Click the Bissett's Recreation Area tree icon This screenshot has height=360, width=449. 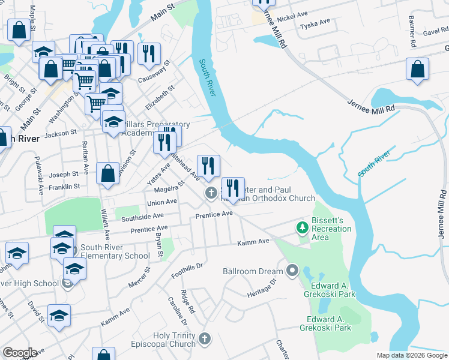click(x=302, y=227)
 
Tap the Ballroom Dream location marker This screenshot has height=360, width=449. click(x=292, y=271)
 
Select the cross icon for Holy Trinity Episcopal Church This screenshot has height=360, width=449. click(x=205, y=339)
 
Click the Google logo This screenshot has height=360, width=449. click(x=20, y=353)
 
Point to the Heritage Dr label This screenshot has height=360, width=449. click(x=261, y=289)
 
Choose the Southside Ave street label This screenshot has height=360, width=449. click(x=142, y=216)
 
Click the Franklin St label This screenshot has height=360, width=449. click(x=64, y=187)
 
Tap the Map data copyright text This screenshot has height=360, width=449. click(x=412, y=355)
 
